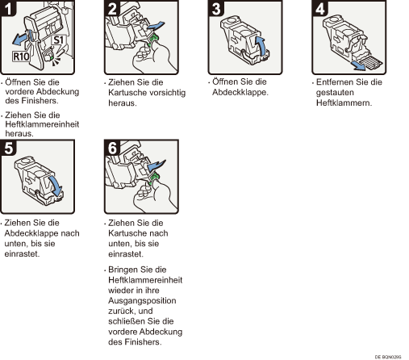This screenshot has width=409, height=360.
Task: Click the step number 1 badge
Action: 8,8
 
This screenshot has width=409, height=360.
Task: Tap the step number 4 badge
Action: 319,8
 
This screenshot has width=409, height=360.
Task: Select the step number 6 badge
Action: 112,148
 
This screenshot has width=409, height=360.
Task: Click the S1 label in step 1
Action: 58,40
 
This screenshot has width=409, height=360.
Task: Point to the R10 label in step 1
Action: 21,57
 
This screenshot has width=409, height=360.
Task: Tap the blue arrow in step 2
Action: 156,26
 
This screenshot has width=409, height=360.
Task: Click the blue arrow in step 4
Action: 359,65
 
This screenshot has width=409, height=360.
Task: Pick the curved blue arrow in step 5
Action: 56,186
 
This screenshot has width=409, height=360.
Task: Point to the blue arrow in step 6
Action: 157,165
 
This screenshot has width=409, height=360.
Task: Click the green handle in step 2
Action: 153,40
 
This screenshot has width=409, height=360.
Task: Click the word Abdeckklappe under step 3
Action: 240,92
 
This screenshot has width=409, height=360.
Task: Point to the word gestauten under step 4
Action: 335,93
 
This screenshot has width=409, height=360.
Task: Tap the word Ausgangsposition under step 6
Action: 142,300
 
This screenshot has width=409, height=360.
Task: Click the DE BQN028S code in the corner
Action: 388,357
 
